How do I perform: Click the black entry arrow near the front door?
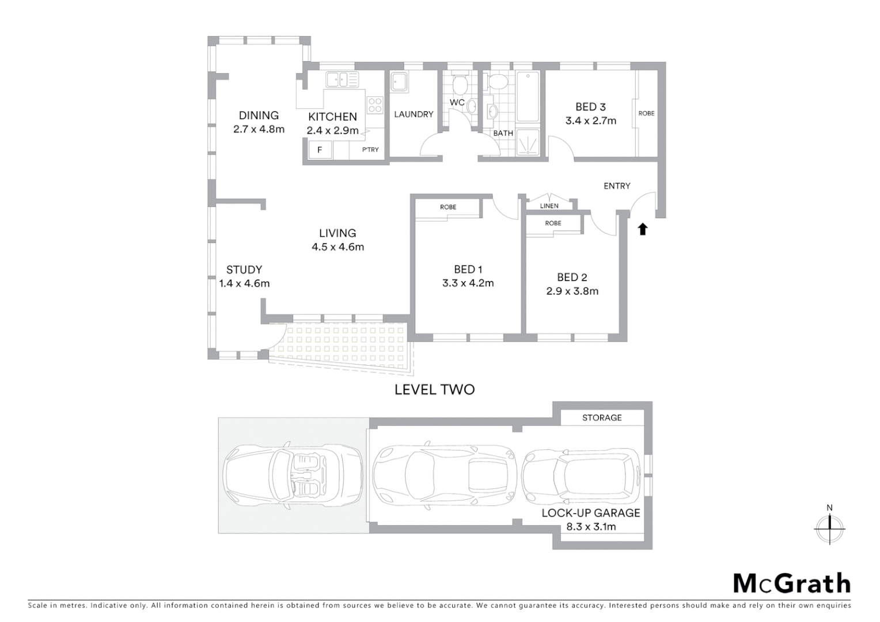tap(643, 229)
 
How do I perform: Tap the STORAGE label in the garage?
tap(602, 418)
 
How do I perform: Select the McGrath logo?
tap(791, 583)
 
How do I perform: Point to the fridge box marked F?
tap(320, 150)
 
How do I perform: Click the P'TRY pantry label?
tap(370, 150)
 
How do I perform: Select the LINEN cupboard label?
tap(549, 206)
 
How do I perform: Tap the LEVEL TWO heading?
tap(434, 390)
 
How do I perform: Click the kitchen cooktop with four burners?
tap(375, 104)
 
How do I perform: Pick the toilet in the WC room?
tap(460, 85)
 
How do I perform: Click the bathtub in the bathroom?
tap(527, 97)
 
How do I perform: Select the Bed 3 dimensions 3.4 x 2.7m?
tap(590, 121)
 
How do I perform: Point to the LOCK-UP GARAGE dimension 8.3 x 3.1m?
tap(590, 526)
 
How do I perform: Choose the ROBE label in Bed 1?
tap(447, 207)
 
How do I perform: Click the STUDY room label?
tap(244, 270)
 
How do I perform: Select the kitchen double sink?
tap(342, 79)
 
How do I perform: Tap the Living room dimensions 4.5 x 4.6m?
tap(337, 247)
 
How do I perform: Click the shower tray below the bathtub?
tap(527, 141)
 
